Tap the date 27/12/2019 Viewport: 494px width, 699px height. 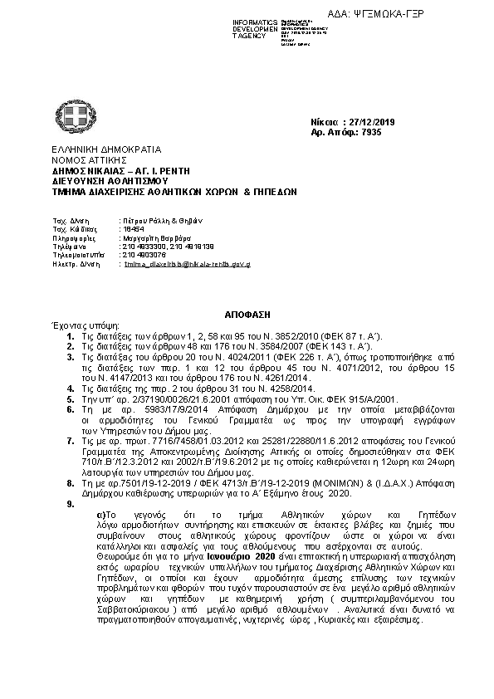[378, 122]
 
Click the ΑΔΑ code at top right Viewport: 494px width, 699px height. [433, 13]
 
